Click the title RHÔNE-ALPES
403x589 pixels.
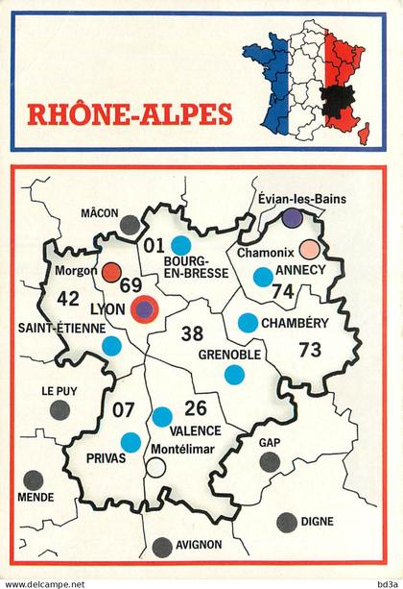[129, 114]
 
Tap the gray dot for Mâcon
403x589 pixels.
[129, 226]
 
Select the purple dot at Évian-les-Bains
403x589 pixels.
[293, 218]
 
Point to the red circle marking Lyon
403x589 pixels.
[145, 310]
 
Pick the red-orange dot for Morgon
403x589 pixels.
[111, 271]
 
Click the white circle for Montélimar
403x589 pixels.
[155, 468]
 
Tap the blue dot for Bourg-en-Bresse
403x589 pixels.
[180, 245]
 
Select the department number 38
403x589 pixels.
[192, 333]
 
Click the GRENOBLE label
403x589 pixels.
[228, 355]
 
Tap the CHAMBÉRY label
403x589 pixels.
[295, 324]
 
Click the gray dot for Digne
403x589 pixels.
[286, 523]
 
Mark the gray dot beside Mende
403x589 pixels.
[35, 479]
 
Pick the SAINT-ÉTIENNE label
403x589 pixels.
[59, 328]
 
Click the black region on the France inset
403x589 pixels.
[336, 95]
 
